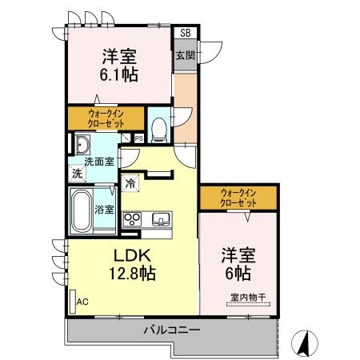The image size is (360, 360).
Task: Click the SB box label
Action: point(186,33)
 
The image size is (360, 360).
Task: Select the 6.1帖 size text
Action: point(118,74)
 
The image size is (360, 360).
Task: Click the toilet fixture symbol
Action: point(159,126)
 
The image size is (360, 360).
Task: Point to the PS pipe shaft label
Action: point(138,138)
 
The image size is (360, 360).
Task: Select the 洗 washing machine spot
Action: point(77,174)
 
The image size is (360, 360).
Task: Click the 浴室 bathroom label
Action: point(105,210)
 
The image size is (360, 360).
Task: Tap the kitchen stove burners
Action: point(132,218)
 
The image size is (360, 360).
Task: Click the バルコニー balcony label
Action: point(171,330)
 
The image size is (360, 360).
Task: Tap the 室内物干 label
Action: point(248,299)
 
